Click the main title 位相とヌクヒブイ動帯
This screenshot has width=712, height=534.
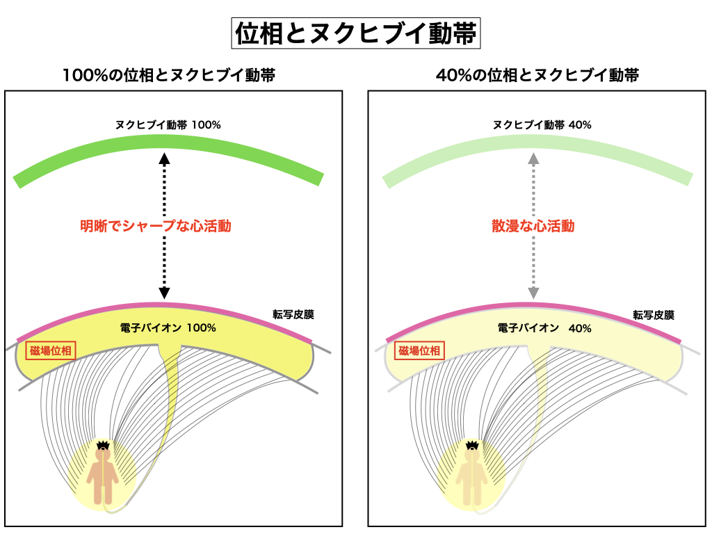356,33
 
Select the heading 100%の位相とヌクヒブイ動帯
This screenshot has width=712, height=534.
168,75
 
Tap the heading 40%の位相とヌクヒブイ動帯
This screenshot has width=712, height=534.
537,75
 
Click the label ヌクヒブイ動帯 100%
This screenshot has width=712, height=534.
168,125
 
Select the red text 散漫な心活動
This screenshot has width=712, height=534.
533,226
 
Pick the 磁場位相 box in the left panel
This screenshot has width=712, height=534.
49,351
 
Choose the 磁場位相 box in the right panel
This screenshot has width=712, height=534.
419,351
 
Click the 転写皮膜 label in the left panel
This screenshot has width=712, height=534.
293,314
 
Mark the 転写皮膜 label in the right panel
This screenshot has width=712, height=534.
653,314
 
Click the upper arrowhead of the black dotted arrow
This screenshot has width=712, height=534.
164,158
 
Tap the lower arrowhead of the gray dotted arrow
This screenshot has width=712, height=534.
533,293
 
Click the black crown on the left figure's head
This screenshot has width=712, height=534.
104,444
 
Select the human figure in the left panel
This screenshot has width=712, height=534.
104,476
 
